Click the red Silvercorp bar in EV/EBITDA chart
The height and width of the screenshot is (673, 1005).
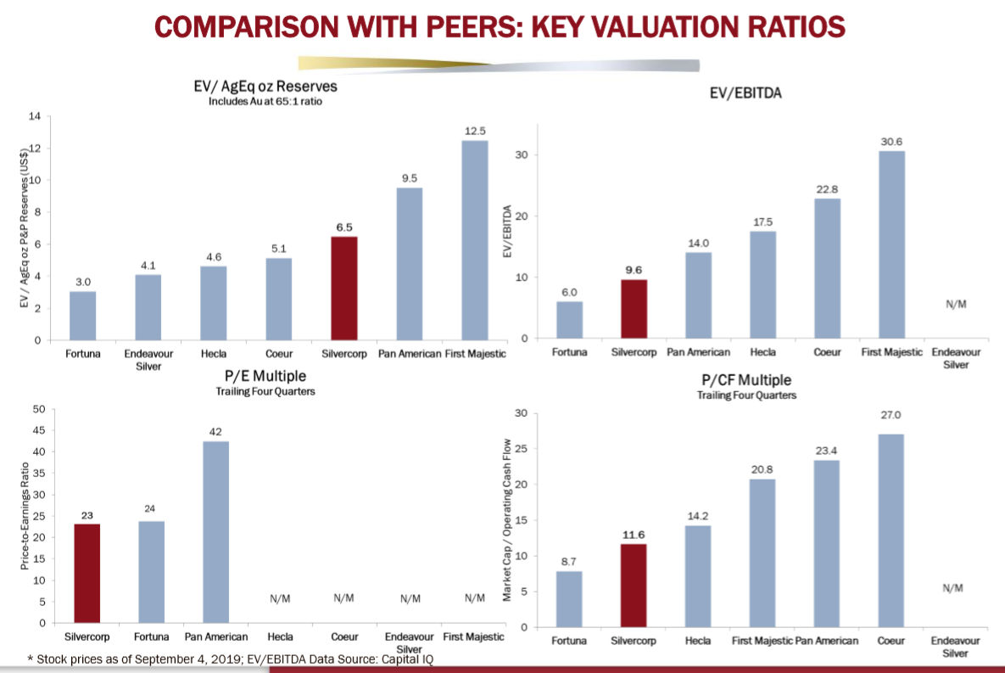point(634,309)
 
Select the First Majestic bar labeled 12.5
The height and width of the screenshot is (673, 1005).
point(474,240)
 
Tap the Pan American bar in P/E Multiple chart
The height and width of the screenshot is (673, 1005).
point(216,532)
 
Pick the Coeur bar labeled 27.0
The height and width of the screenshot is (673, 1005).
point(891,530)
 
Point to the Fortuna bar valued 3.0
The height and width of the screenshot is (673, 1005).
point(82,316)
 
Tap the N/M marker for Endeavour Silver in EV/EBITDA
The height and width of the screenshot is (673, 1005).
point(956,304)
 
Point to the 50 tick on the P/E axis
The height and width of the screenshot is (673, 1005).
point(38,409)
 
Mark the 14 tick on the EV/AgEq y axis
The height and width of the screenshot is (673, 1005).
point(35,116)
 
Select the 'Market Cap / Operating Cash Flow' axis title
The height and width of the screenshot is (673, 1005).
point(508,520)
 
